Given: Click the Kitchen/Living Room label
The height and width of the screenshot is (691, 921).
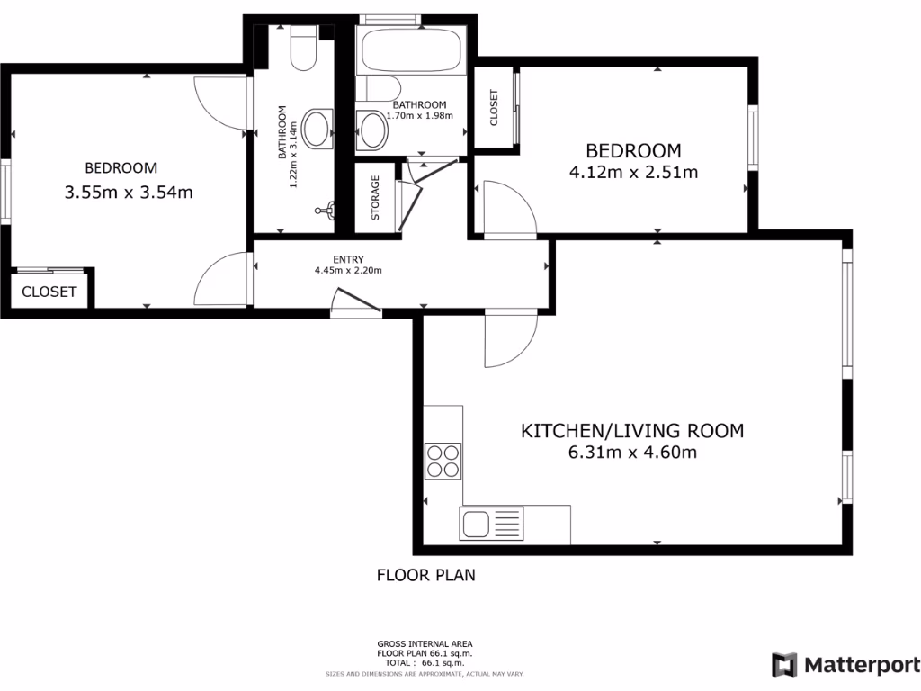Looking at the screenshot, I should (632, 431).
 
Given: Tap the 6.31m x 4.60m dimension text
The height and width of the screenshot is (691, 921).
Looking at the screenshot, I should (632, 453).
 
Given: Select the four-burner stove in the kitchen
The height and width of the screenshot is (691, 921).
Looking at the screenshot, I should (443, 462).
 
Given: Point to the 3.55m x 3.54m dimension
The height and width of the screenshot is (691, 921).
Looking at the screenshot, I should (130, 192).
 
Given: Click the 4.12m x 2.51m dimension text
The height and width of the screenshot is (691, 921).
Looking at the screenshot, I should (633, 172).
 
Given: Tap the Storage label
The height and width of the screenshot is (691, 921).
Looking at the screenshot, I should (376, 198).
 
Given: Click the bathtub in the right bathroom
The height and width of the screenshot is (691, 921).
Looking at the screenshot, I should (411, 52).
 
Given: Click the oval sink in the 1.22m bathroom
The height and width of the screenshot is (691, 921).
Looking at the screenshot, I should (316, 129).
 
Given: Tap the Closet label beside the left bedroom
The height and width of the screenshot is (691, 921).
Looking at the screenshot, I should (49, 292).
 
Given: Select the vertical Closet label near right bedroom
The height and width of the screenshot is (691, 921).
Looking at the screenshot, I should (493, 107).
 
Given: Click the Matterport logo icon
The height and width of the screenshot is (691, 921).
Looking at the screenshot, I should (784, 665).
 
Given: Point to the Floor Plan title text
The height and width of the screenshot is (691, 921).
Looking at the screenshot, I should (425, 575).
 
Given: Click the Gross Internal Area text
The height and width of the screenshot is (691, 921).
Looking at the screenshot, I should (425, 644).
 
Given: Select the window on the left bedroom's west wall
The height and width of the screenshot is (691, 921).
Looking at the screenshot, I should (4, 192).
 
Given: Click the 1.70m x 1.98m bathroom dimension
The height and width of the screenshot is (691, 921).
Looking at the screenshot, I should (418, 115).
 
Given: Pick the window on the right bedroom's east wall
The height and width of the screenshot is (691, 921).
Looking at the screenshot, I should (753, 137).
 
